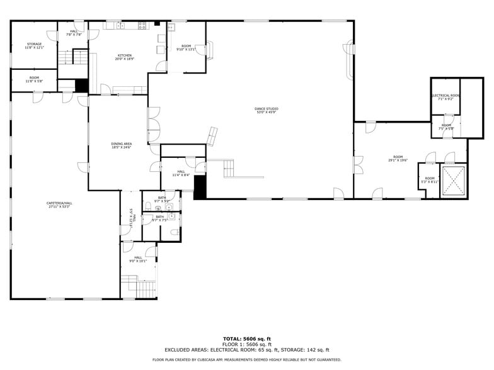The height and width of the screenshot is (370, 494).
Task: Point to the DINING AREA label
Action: [122, 145]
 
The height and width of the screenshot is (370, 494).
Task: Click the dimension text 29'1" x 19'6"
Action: [398, 160]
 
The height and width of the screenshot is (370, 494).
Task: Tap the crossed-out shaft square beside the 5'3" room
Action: [453, 181]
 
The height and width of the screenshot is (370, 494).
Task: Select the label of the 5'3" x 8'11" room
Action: [429, 180]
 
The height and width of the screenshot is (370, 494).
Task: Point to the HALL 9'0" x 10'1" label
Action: [138, 259]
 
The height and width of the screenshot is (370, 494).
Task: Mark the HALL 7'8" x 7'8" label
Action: [74, 33]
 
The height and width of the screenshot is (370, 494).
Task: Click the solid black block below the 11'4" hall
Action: [200, 187]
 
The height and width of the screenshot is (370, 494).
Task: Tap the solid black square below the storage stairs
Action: [81, 86]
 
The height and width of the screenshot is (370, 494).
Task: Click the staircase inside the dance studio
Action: [229, 168]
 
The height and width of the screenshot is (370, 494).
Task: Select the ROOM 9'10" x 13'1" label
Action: [186, 48]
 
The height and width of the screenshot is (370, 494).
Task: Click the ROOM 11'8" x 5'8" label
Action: [34, 79]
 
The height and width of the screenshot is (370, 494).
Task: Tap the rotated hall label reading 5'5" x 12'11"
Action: [132, 215]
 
